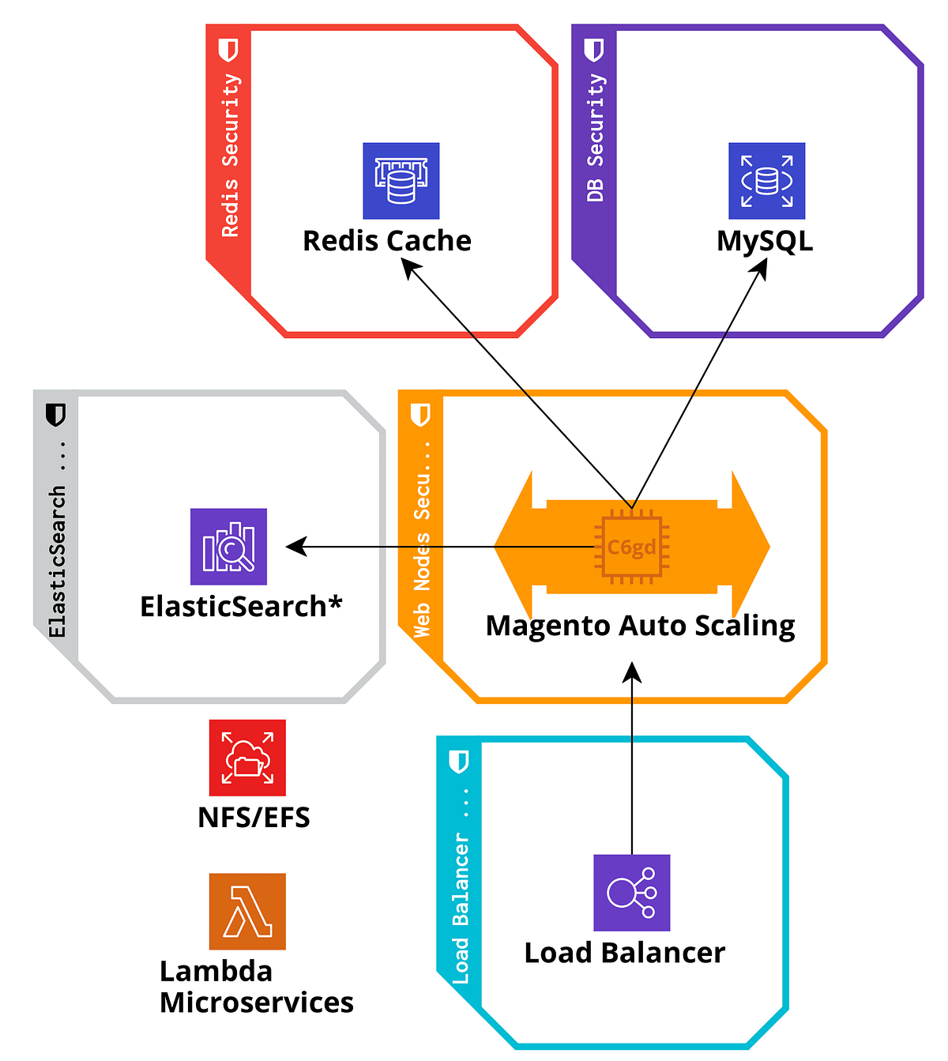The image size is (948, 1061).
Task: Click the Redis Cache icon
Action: [401, 181]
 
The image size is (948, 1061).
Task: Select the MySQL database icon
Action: [766, 181]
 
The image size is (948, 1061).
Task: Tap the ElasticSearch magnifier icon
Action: [228, 547]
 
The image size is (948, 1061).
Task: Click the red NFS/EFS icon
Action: [247, 758]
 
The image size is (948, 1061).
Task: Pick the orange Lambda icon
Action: [247, 911]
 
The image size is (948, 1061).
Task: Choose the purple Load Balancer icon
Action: [631, 893]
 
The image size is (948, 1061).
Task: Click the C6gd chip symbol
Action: [631, 547]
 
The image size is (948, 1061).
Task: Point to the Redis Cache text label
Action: [387, 241]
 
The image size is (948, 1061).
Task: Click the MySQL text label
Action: [765, 241]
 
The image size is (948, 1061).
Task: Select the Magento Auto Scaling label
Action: [640, 626]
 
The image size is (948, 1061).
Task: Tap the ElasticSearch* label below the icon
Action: [241, 607]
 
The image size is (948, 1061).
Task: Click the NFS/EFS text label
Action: [254, 817]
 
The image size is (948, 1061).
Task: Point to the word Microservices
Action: [256, 1003]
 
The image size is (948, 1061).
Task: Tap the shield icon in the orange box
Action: [421, 414]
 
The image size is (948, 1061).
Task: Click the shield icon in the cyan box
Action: [459, 762]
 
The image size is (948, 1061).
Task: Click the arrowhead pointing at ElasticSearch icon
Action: [295, 547]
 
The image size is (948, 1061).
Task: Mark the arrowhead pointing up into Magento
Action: [632, 672]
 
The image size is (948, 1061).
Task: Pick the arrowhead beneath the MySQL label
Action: [761, 268]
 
